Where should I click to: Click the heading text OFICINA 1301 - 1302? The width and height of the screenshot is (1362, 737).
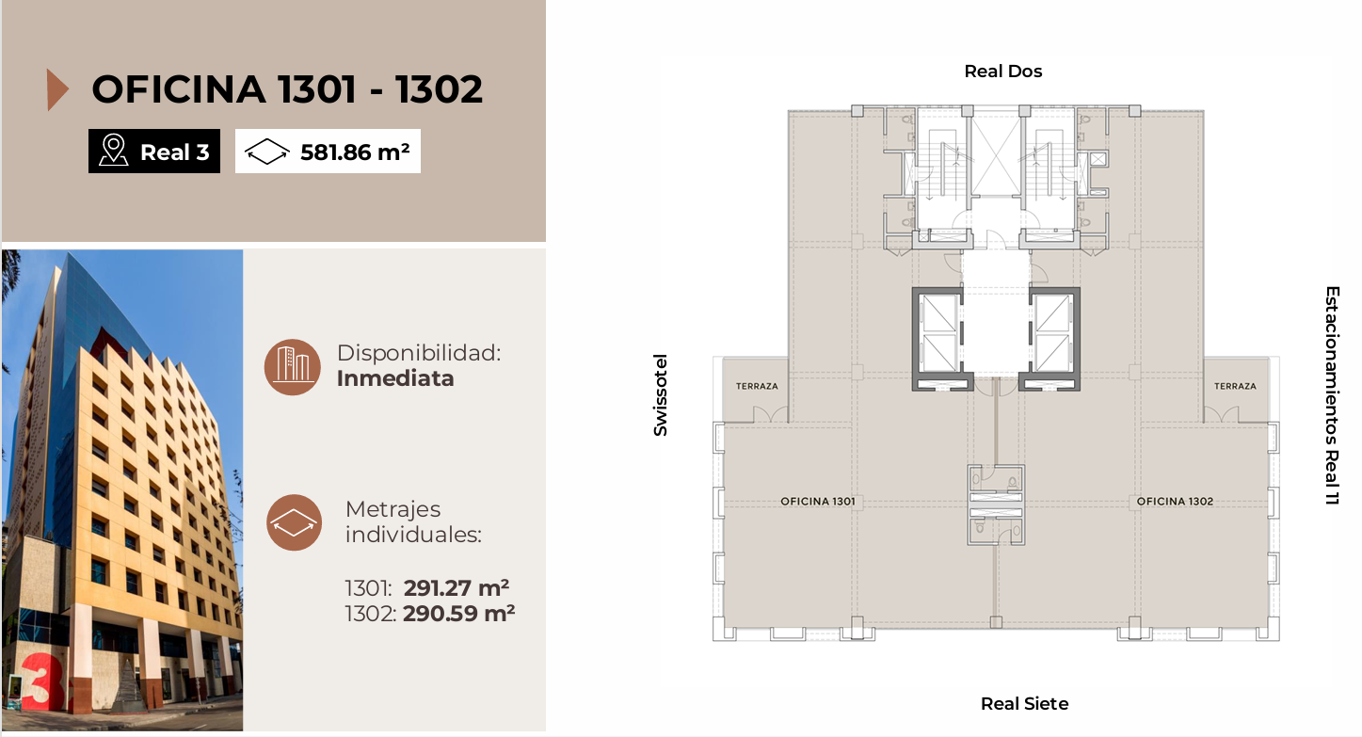[x=287, y=89]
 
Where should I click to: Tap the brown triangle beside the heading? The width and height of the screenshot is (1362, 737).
[x=57, y=90]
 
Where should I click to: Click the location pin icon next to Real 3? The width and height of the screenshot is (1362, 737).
[x=114, y=151]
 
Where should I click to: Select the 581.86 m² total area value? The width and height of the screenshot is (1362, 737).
[x=355, y=152]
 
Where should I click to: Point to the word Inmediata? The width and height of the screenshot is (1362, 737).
[x=395, y=378]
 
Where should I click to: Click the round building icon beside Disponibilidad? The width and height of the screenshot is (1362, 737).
[x=293, y=367]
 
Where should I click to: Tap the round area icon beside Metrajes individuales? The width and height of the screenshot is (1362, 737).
[x=295, y=522]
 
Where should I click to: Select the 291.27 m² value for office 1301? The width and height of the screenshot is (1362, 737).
[x=457, y=588]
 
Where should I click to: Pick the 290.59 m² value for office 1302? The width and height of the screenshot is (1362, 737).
[x=459, y=614]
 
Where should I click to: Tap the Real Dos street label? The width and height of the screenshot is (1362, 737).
[x=1003, y=72]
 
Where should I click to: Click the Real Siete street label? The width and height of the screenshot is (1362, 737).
[x=1024, y=703]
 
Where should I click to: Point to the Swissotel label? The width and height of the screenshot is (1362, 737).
[x=661, y=395]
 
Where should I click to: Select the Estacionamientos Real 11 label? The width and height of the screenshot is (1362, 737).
[x=1332, y=395]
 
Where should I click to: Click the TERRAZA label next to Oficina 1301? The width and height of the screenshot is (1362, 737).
[x=757, y=386]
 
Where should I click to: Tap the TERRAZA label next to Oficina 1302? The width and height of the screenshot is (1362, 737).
[x=1235, y=386]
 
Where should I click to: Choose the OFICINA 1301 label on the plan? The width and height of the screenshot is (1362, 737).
[x=818, y=501]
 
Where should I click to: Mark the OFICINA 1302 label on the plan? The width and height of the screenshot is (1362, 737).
[x=1175, y=501]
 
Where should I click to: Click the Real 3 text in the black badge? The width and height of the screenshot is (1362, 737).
[x=175, y=152]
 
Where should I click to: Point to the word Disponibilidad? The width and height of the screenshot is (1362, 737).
[x=419, y=353]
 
